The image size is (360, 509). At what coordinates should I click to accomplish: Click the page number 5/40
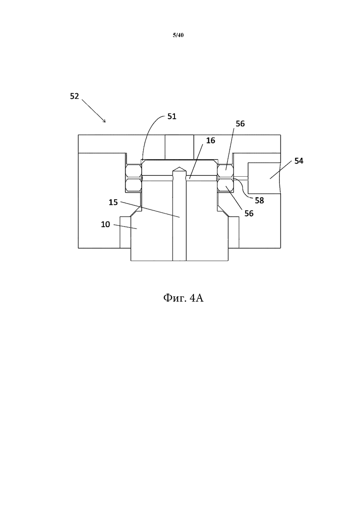coord(178,35)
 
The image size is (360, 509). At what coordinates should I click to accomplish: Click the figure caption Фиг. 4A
coord(183,298)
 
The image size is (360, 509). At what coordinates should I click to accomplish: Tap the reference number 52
coord(75,96)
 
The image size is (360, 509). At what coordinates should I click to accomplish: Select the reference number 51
coord(172,116)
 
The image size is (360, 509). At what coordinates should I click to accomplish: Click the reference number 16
coord(210,140)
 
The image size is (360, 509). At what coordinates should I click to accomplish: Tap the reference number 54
coord(299,161)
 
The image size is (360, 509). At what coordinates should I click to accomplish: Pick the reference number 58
coord(259,201)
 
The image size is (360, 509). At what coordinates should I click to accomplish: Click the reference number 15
coord(113,202)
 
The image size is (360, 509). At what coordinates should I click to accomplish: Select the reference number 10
coord(106,224)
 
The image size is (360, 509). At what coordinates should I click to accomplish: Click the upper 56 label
coord(240,124)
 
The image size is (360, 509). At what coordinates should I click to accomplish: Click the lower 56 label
coord(249,213)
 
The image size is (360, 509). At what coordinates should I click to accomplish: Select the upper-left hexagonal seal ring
coord(133,170)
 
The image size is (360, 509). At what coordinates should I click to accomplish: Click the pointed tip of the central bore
coord(179,167)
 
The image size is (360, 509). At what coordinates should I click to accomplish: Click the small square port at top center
coord(179,147)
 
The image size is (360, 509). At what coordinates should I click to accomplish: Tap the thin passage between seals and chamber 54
coord(241,177)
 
